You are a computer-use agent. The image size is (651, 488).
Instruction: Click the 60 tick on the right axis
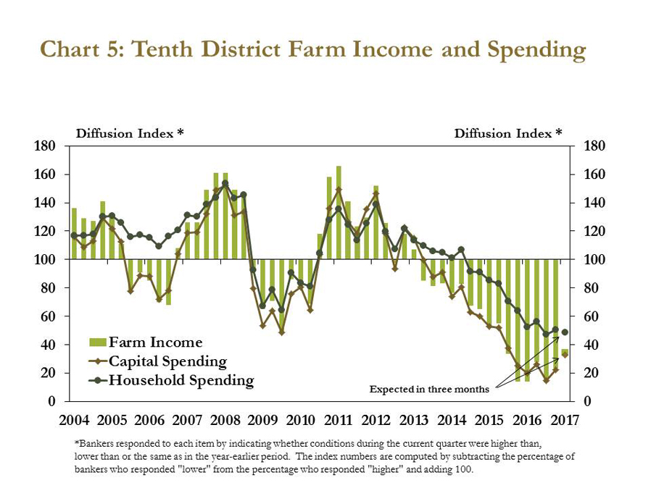pos(589,316)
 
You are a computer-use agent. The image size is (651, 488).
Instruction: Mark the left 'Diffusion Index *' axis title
pos(130,133)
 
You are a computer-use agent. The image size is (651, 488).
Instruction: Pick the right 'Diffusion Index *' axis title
pos(508,133)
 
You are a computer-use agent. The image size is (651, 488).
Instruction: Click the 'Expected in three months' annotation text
pos(429,390)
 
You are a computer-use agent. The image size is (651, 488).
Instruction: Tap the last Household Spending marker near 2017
pos(565,332)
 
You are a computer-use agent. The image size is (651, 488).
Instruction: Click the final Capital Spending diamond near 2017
pos(565,355)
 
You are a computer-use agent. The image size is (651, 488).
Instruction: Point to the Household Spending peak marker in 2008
pos(225,183)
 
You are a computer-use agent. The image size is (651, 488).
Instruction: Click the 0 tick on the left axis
pos(52,401)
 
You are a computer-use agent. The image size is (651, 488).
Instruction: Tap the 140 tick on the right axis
pos(592,203)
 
